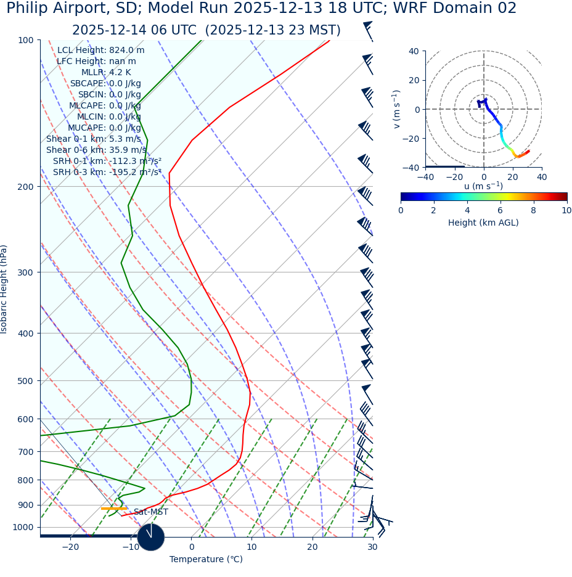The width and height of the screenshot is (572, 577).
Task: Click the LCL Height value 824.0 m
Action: click(x=126, y=51)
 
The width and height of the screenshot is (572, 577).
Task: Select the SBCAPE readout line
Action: click(x=105, y=84)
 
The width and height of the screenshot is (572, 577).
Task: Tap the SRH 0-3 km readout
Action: click(x=107, y=173)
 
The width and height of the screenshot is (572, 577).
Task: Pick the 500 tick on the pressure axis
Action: click(x=25, y=381)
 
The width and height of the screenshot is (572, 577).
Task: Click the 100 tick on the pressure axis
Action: click(x=25, y=40)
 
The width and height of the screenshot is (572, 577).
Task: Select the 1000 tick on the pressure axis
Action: click(x=23, y=528)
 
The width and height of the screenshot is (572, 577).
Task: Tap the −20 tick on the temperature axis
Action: click(x=70, y=547)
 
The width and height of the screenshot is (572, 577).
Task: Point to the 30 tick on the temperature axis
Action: click(x=372, y=547)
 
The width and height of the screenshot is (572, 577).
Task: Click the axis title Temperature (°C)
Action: click(x=206, y=560)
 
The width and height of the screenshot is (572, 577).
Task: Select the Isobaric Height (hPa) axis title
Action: click(x=4, y=289)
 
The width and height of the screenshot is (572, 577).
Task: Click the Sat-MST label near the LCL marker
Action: click(x=150, y=512)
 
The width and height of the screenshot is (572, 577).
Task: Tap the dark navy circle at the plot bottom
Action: click(x=150, y=537)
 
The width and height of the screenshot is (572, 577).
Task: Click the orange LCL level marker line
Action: click(x=113, y=509)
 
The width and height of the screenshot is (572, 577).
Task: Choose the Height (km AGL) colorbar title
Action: click(x=483, y=223)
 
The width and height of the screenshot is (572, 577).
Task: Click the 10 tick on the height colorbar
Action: click(x=566, y=211)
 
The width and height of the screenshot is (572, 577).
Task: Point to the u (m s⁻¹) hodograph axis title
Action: click(x=483, y=186)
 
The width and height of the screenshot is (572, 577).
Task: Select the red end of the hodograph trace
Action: click(x=528, y=152)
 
